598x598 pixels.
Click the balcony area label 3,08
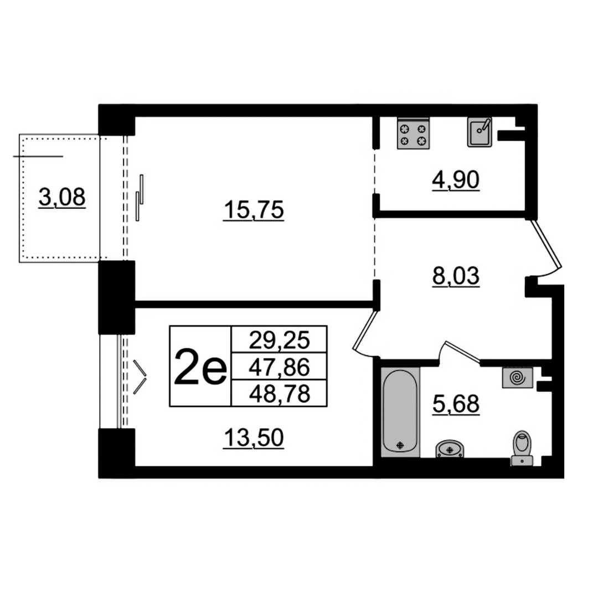tap(62, 198)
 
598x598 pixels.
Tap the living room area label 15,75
tap(254, 210)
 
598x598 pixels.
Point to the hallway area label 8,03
tap(456, 276)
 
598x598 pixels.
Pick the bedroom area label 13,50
tap(254, 437)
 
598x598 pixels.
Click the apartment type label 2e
tap(200, 367)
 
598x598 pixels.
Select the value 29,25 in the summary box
tap(279, 340)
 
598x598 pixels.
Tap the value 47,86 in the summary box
tap(279, 367)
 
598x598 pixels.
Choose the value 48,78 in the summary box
tap(279, 394)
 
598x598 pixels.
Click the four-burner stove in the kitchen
tap(413, 133)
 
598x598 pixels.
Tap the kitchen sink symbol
tap(480, 132)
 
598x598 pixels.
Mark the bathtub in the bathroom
tap(400, 412)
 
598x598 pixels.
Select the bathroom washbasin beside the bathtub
tap(450, 448)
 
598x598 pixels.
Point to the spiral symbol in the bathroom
tap(518, 378)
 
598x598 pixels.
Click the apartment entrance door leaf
tap(546, 245)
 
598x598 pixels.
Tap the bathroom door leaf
tap(462, 351)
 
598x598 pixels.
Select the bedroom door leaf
tap(365, 330)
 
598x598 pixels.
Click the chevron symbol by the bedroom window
tap(140, 377)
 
